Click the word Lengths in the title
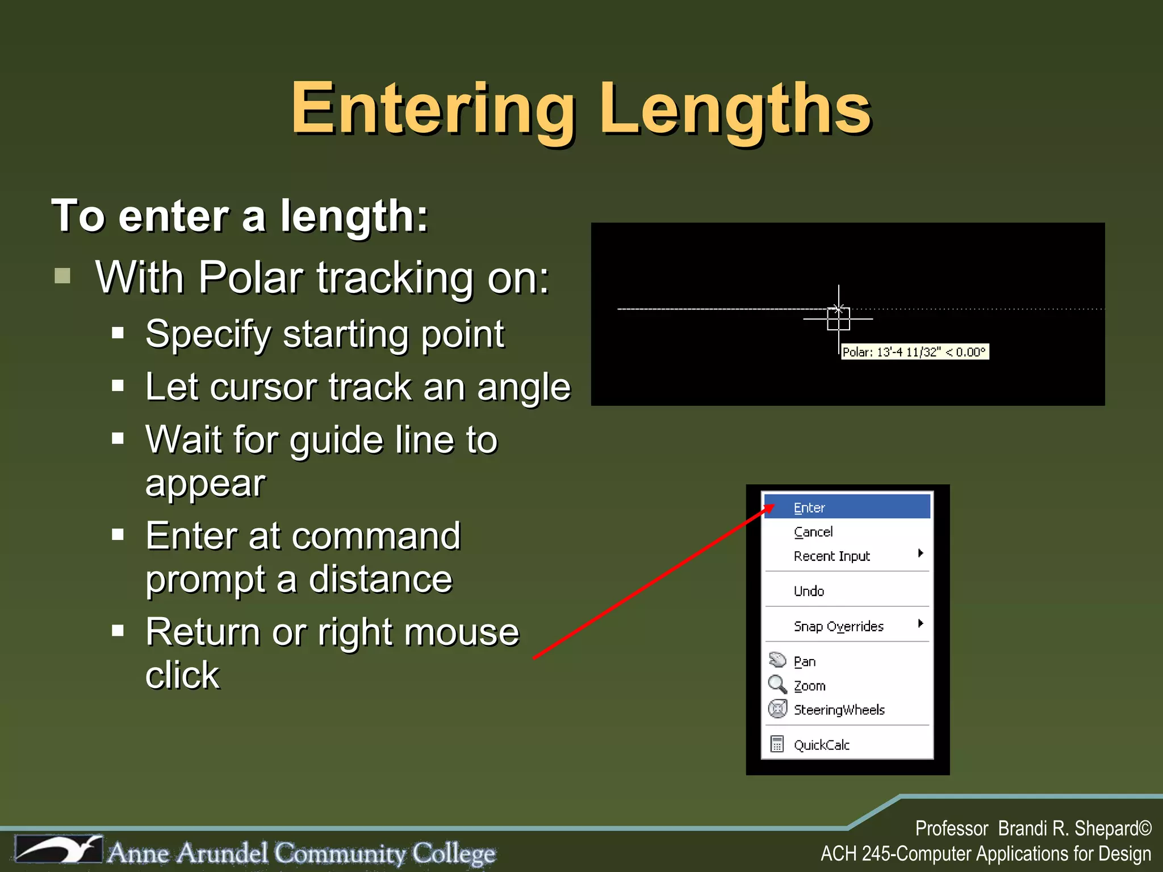(x=735, y=109)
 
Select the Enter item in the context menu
(x=809, y=508)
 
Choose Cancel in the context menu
(x=813, y=532)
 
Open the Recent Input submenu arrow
(x=921, y=554)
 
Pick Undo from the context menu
(x=809, y=591)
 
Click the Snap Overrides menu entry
(x=838, y=626)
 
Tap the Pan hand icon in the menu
(x=777, y=660)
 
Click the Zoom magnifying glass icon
(x=777, y=684)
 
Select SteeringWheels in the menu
(x=839, y=710)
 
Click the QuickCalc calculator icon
(x=777, y=744)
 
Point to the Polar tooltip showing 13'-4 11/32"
(x=914, y=352)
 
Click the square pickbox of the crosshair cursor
(x=838, y=319)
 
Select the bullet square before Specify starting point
(x=118, y=333)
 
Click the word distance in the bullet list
(x=380, y=580)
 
